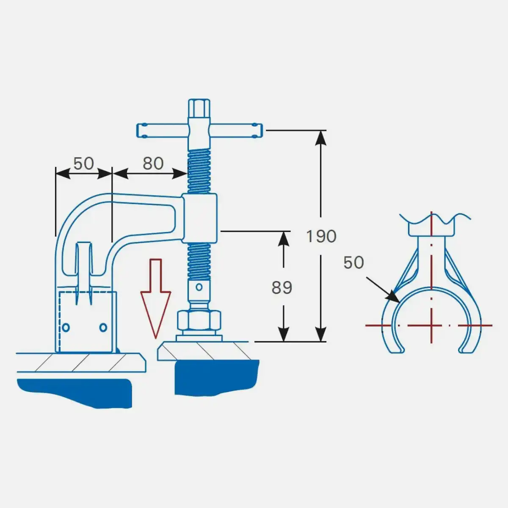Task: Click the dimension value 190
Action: coord(321,236)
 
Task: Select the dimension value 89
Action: coord(282,287)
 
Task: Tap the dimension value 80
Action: coord(153,163)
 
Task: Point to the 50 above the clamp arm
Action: coord(83,163)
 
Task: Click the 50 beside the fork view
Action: coord(354,262)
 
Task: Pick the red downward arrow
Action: coord(156,298)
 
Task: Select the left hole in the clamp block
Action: coord(66,328)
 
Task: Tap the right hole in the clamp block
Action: coord(103,328)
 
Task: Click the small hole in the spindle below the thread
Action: coord(199,287)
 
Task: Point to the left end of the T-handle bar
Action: coord(137,130)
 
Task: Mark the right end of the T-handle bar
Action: coord(262,130)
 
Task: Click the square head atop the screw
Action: coord(199,108)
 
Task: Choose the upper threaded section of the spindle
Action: coord(199,171)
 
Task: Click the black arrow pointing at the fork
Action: coord(383,290)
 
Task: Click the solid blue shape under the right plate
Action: coord(217,378)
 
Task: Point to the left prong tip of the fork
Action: coord(396,351)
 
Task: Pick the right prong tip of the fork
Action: coord(467,351)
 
